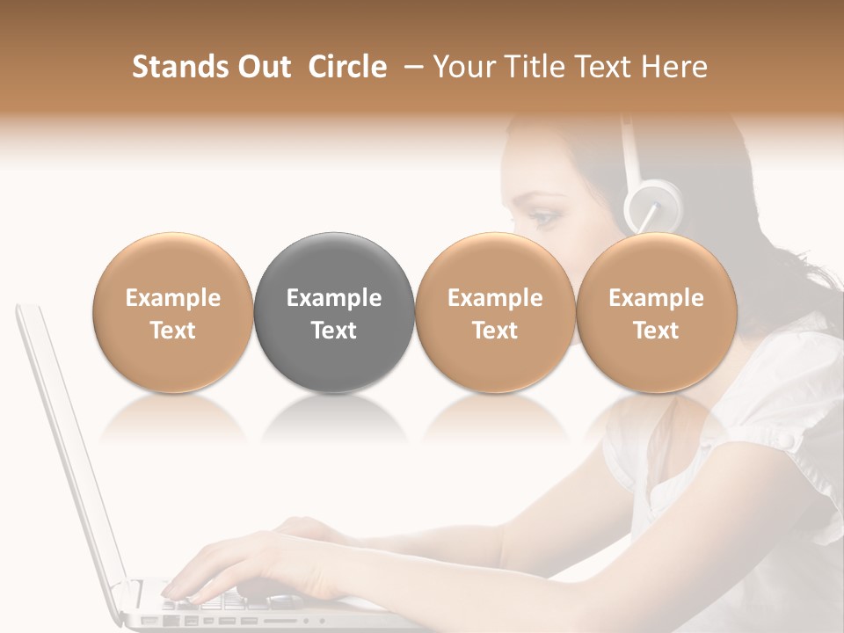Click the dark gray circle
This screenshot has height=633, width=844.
334,312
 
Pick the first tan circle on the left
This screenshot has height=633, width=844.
173,312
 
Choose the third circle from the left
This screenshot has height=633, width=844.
495,312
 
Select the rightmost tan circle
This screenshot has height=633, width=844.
656,312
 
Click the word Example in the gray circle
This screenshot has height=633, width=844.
334,298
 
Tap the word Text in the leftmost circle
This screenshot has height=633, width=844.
173,331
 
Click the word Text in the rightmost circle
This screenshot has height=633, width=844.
656,331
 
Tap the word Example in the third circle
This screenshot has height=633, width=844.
495,298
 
